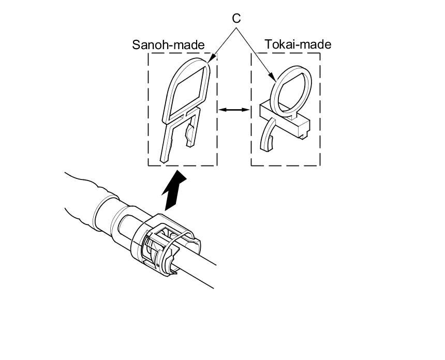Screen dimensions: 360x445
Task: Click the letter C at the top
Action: [x=236, y=19]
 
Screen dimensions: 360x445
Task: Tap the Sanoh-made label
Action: [x=168, y=44]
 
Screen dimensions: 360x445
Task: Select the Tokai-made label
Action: [x=298, y=44]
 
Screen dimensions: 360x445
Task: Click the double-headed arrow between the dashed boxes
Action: [x=233, y=109]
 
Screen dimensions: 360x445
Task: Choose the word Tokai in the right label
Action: [x=279, y=44]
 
